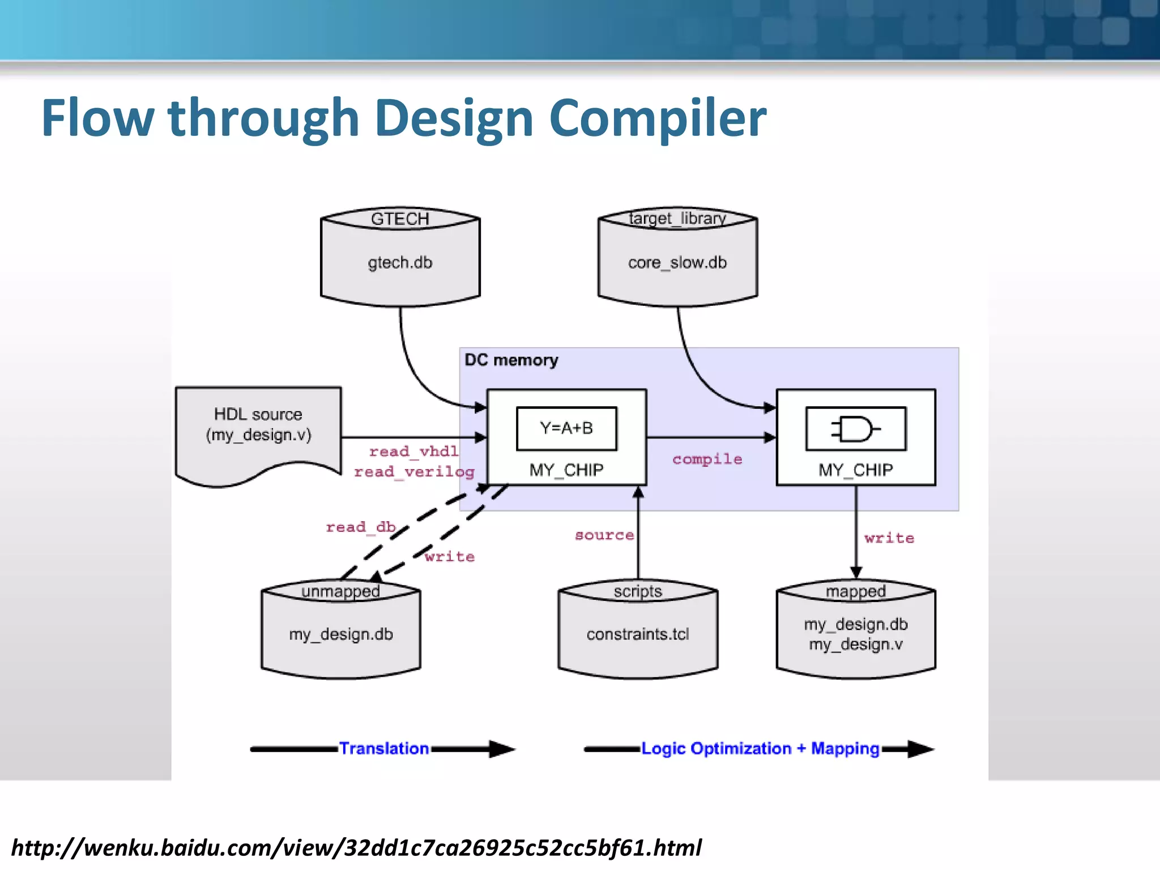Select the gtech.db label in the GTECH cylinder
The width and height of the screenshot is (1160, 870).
(400, 263)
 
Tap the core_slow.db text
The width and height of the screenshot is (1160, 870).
(677, 263)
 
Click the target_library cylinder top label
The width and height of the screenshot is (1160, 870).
(677, 218)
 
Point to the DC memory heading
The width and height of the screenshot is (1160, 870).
(511, 360)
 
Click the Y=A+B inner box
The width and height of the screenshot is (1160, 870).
(566, 428)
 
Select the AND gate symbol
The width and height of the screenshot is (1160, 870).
(855, 429)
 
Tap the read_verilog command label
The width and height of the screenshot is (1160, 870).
(414, 471)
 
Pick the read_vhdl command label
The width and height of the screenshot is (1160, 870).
(413, 451)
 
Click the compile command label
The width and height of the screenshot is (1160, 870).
(707, 459)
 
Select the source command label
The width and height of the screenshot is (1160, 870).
(604, 535)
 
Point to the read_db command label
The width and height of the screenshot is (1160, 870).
(361, 527)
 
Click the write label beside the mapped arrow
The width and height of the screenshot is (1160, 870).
(889, 538)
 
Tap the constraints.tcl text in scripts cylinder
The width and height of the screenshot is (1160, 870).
(638, 634)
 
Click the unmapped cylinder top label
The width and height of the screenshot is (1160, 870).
(340, 591)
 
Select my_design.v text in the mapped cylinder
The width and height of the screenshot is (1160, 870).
(855, 645)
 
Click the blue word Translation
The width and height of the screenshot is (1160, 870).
(383, 749)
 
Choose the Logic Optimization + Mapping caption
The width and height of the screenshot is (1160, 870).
(760, 749)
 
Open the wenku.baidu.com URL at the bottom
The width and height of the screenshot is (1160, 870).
(356, 848)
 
